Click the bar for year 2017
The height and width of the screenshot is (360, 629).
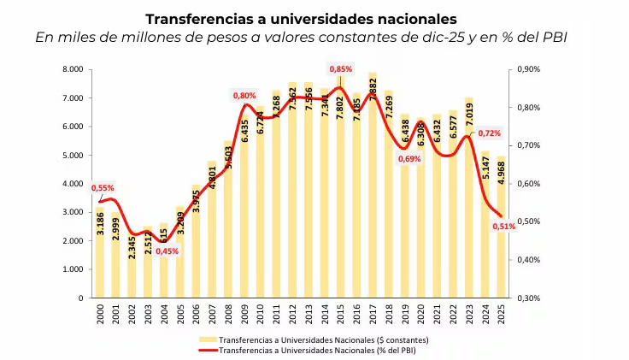[x=373, y=188]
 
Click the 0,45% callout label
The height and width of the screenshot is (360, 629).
[x=167, y=251]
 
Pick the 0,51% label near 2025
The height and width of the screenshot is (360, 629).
[x=504, y=226]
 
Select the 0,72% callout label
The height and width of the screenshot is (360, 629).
[x=489, y=133]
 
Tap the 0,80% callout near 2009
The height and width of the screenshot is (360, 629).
[x=244, y=96]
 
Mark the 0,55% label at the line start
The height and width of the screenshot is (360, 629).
[x=102, y=188]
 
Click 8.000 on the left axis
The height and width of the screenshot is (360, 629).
[x=72, y=69]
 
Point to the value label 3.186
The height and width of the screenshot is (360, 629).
[x=101, y=221]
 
